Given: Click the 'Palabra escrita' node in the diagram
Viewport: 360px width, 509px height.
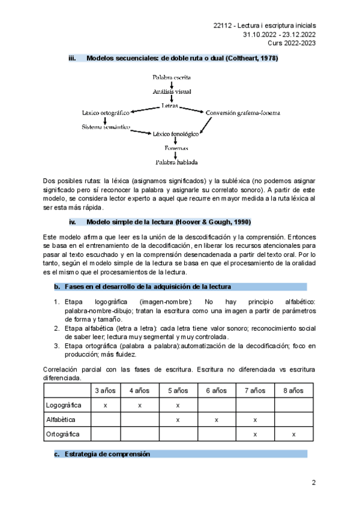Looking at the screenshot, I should [x=172, y=77].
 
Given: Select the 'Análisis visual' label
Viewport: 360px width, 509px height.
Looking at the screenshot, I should [x=172, y=91].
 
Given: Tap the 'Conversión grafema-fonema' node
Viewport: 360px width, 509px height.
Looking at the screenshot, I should [x=242, y=113].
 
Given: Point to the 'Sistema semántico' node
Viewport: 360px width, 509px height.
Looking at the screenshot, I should [x=107, y=127].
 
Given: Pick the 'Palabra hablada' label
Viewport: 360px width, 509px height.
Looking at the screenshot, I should [x=176, y=162].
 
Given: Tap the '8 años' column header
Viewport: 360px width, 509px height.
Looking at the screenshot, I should [x=293, y=391].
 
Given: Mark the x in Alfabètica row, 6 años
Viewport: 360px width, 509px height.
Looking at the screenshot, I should [x=217, y=420].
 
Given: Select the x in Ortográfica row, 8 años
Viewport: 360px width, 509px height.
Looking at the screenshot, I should [x=293, y=433].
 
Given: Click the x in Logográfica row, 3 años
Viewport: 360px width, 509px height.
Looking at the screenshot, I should [x=105, y=405].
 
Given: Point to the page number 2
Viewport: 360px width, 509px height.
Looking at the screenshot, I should [x=313, y=483].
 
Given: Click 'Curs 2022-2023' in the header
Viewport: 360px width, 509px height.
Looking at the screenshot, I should [x=292, y=43].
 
